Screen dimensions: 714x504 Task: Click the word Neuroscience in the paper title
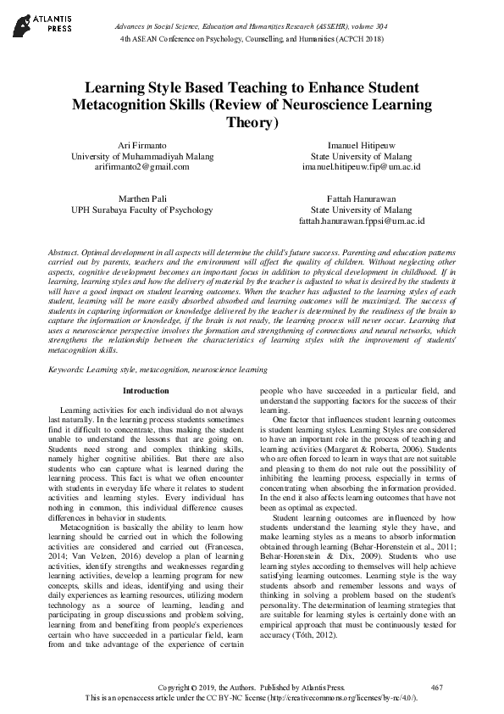(335, 105)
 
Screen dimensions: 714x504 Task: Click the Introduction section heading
(146, 391)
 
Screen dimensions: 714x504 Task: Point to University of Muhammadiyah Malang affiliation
(141, 156)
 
